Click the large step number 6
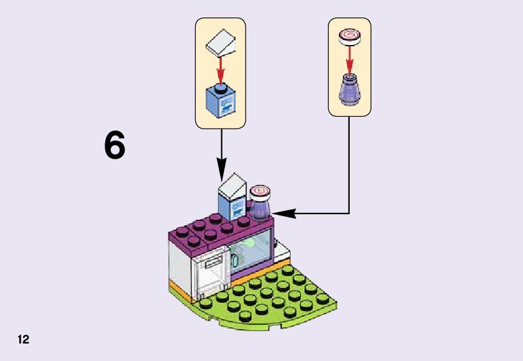pos(115,145)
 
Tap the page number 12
pos(24,340)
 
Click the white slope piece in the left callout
pos(221,43)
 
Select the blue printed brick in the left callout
pos(221,101)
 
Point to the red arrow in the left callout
pos(221,70)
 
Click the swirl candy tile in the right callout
pos(350,36)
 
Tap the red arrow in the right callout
pos(349,61)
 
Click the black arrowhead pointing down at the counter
pos(221,170)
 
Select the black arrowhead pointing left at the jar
pos(284,213)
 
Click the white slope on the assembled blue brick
pos(233,186)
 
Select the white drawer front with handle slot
pos(210,275)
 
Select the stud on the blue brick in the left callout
pos(220,87)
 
